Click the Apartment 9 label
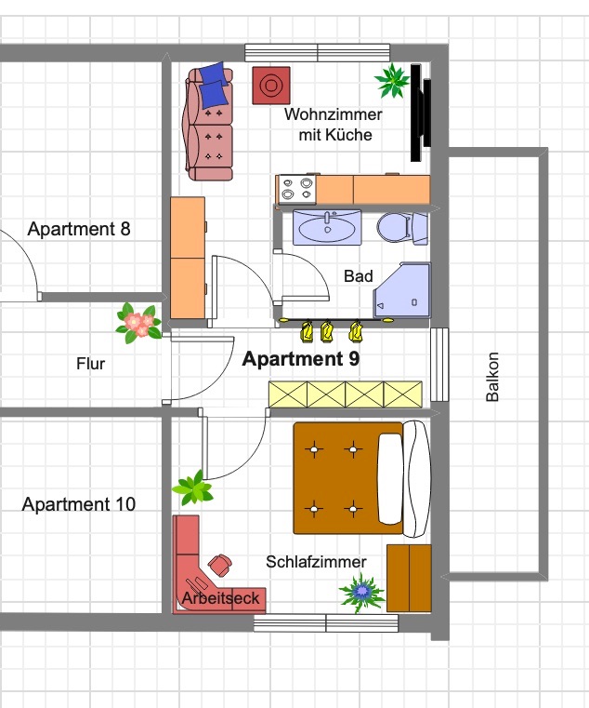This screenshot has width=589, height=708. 301,359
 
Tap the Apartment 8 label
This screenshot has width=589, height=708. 79,229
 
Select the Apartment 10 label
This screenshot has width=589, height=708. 78,504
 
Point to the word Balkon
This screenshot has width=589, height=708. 492,377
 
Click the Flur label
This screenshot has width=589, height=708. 91,364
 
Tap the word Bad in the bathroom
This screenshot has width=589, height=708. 359,276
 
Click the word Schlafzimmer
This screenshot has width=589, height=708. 316,562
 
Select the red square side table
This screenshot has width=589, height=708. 271,86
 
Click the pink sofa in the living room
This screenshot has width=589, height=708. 208,122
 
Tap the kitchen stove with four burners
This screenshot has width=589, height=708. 296,189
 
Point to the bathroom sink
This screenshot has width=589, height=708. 327,228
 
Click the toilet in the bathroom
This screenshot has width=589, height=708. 402,228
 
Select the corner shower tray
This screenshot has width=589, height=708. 402,290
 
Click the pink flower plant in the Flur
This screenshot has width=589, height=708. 138,323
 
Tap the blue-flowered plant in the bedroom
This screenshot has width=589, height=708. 362,592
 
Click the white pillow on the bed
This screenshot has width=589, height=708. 390,479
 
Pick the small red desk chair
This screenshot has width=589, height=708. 220,565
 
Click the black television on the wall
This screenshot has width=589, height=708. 420,113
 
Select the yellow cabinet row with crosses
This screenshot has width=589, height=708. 346,394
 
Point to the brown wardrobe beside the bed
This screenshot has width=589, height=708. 409,578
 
